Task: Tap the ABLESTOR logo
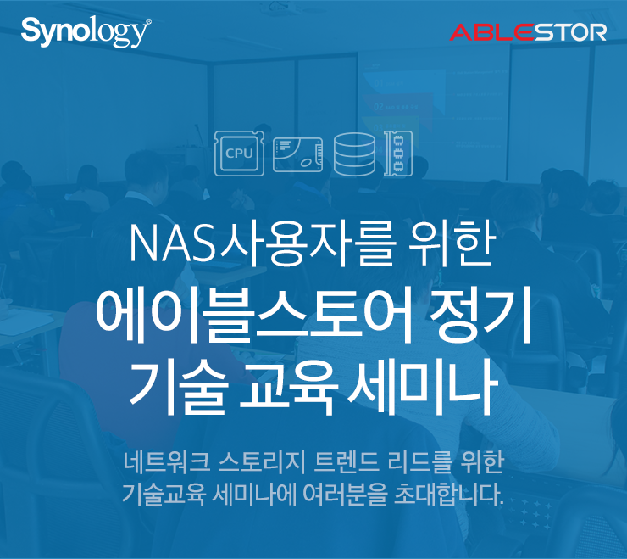528,32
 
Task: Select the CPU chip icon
239,154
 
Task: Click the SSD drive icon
298,155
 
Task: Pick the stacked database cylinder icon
354,154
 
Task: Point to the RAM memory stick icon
398,154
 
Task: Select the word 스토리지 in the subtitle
262,462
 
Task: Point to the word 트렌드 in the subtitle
347,462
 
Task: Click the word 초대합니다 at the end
449,495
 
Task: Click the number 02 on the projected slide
378,107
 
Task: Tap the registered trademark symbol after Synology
149,21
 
